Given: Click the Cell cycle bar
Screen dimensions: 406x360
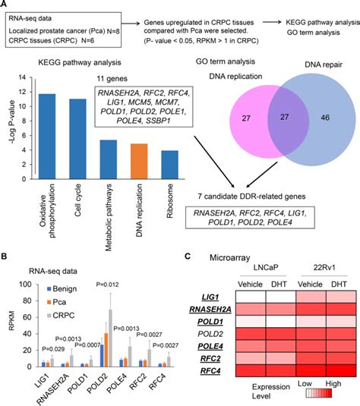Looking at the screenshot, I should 77,137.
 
